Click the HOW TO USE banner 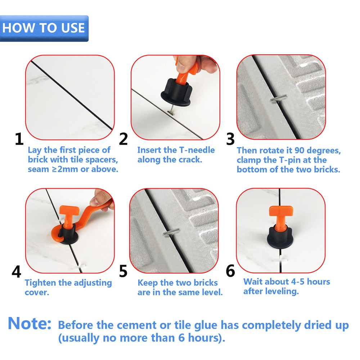(x=44, y=28)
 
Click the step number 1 (x=19, y=139)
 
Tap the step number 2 (x=123, y=139)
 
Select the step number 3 (x=230, y=139)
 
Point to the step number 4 (x=16, y=271)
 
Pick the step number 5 (x=123, y=271)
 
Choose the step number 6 (x=230, y=271)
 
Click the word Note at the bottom (x=30, y=323)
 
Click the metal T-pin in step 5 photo (x=171, y=232)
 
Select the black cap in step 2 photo (x=176, y=92)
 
